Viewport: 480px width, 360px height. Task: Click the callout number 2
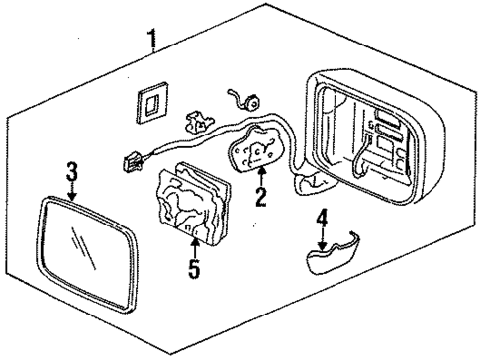tap(260, 197)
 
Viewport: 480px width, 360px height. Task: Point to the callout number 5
tap(195, 266)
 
